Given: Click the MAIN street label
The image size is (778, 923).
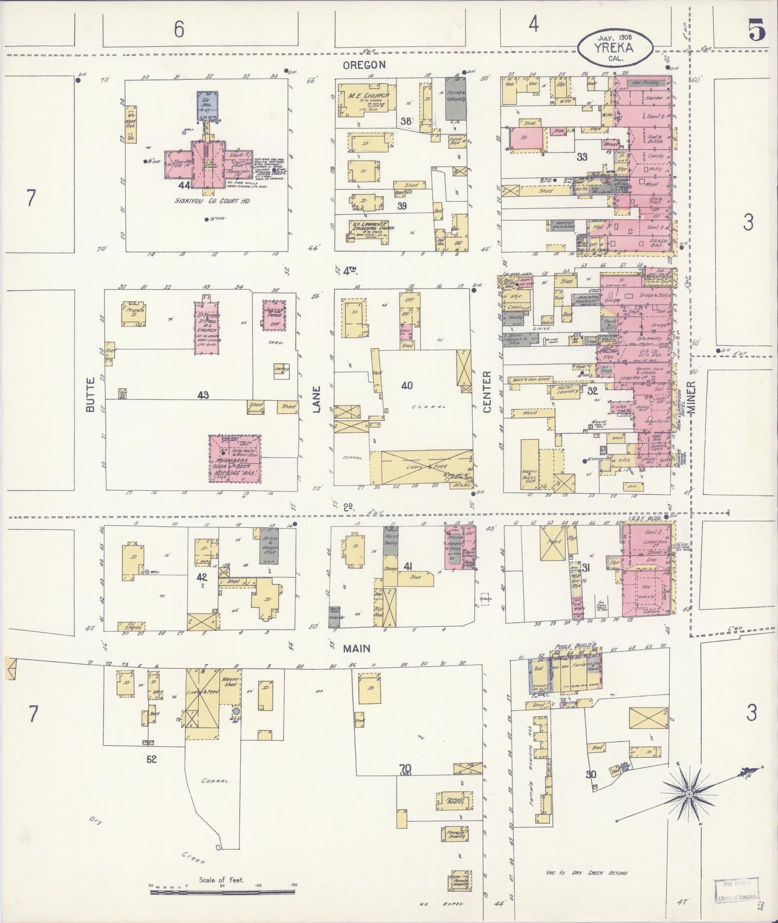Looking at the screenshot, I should pos(357,648).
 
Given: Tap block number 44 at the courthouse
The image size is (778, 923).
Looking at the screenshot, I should pos(185,185).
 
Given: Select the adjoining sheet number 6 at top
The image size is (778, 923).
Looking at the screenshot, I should pos(179,30).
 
